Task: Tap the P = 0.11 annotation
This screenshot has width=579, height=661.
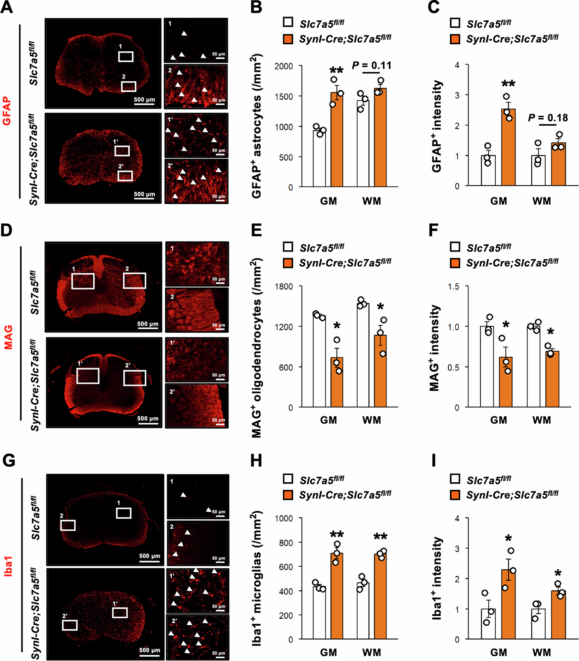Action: pos(372,66)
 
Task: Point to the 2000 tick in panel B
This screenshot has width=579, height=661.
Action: pos(284,66)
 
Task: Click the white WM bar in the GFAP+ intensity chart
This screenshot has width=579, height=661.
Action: pos(538,170)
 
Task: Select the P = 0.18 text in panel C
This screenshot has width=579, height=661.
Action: pos(548,118)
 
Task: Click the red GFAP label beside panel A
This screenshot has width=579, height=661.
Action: pos(7,111)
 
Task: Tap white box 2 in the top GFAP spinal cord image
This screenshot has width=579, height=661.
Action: pos(128,87)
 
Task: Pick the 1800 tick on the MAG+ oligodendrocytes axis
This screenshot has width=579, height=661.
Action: pos(284,286)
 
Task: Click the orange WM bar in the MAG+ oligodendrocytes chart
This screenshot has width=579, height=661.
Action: pos(380,371)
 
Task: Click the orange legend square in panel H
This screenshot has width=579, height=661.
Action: pos(288,495)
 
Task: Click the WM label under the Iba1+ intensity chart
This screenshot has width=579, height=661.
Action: pos(542,652)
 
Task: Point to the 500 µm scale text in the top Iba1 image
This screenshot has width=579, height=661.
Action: pos(149,556)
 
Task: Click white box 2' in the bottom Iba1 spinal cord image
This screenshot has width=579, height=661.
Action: pos(70,625)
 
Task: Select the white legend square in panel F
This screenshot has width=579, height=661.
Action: pos(455,247)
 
